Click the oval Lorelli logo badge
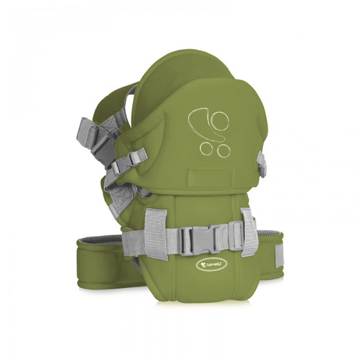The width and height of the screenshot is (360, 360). tap(212, 265)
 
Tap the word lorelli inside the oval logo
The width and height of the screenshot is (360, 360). tap(214, 265)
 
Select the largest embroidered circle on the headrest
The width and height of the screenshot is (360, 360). tap(221, 121)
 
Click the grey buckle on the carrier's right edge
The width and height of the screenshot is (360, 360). tap(262, 164)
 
